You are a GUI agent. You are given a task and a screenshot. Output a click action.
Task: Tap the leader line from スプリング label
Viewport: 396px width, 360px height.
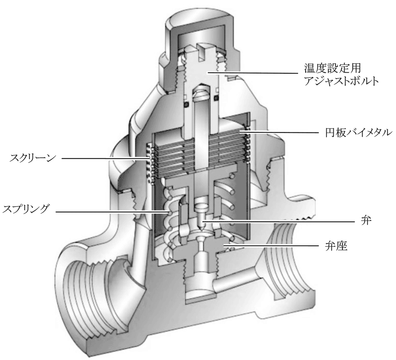[111, 211]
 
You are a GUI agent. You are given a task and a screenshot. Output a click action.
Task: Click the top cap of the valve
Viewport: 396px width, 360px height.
[198, 24]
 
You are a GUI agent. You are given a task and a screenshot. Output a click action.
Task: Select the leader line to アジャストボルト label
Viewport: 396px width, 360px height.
[258, 73]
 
